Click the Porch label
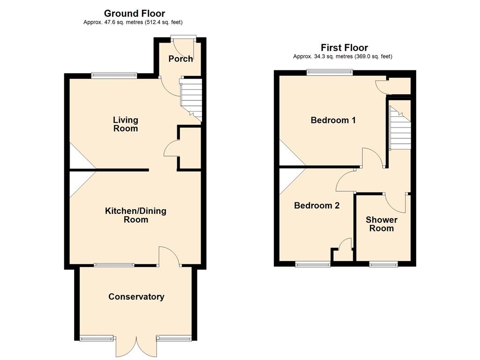pos(180,59)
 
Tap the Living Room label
pos(126,124)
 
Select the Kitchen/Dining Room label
pos(135,215)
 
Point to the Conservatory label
pos(136,297)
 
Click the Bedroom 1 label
pos(333,120)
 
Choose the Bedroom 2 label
pos(317,205)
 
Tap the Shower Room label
pos(382,224)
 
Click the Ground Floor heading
pos(135,14)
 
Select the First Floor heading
pos(345,48)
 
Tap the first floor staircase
pos(400,127)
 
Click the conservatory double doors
pos(136,346)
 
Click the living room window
pos(114,75)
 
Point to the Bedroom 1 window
pos(330,72)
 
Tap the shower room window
pos(383,264)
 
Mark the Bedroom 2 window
pos(313,264)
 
